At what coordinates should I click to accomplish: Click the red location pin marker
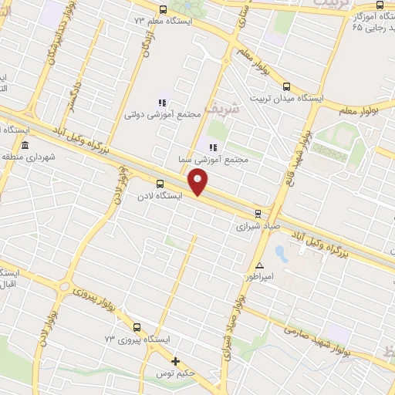(x=198, y=182)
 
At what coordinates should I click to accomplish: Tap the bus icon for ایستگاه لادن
(x=160, y=184)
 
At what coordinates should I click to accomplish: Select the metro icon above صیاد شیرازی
(x=258, y=214)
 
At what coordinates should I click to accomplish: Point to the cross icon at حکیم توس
(x=175, y=361)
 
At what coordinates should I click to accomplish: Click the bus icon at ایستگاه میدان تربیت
(x=286, y=86)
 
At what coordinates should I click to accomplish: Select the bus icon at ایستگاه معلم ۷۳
(x=162, y=10)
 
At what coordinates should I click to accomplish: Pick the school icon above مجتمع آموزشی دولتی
(x=162, y=102)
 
